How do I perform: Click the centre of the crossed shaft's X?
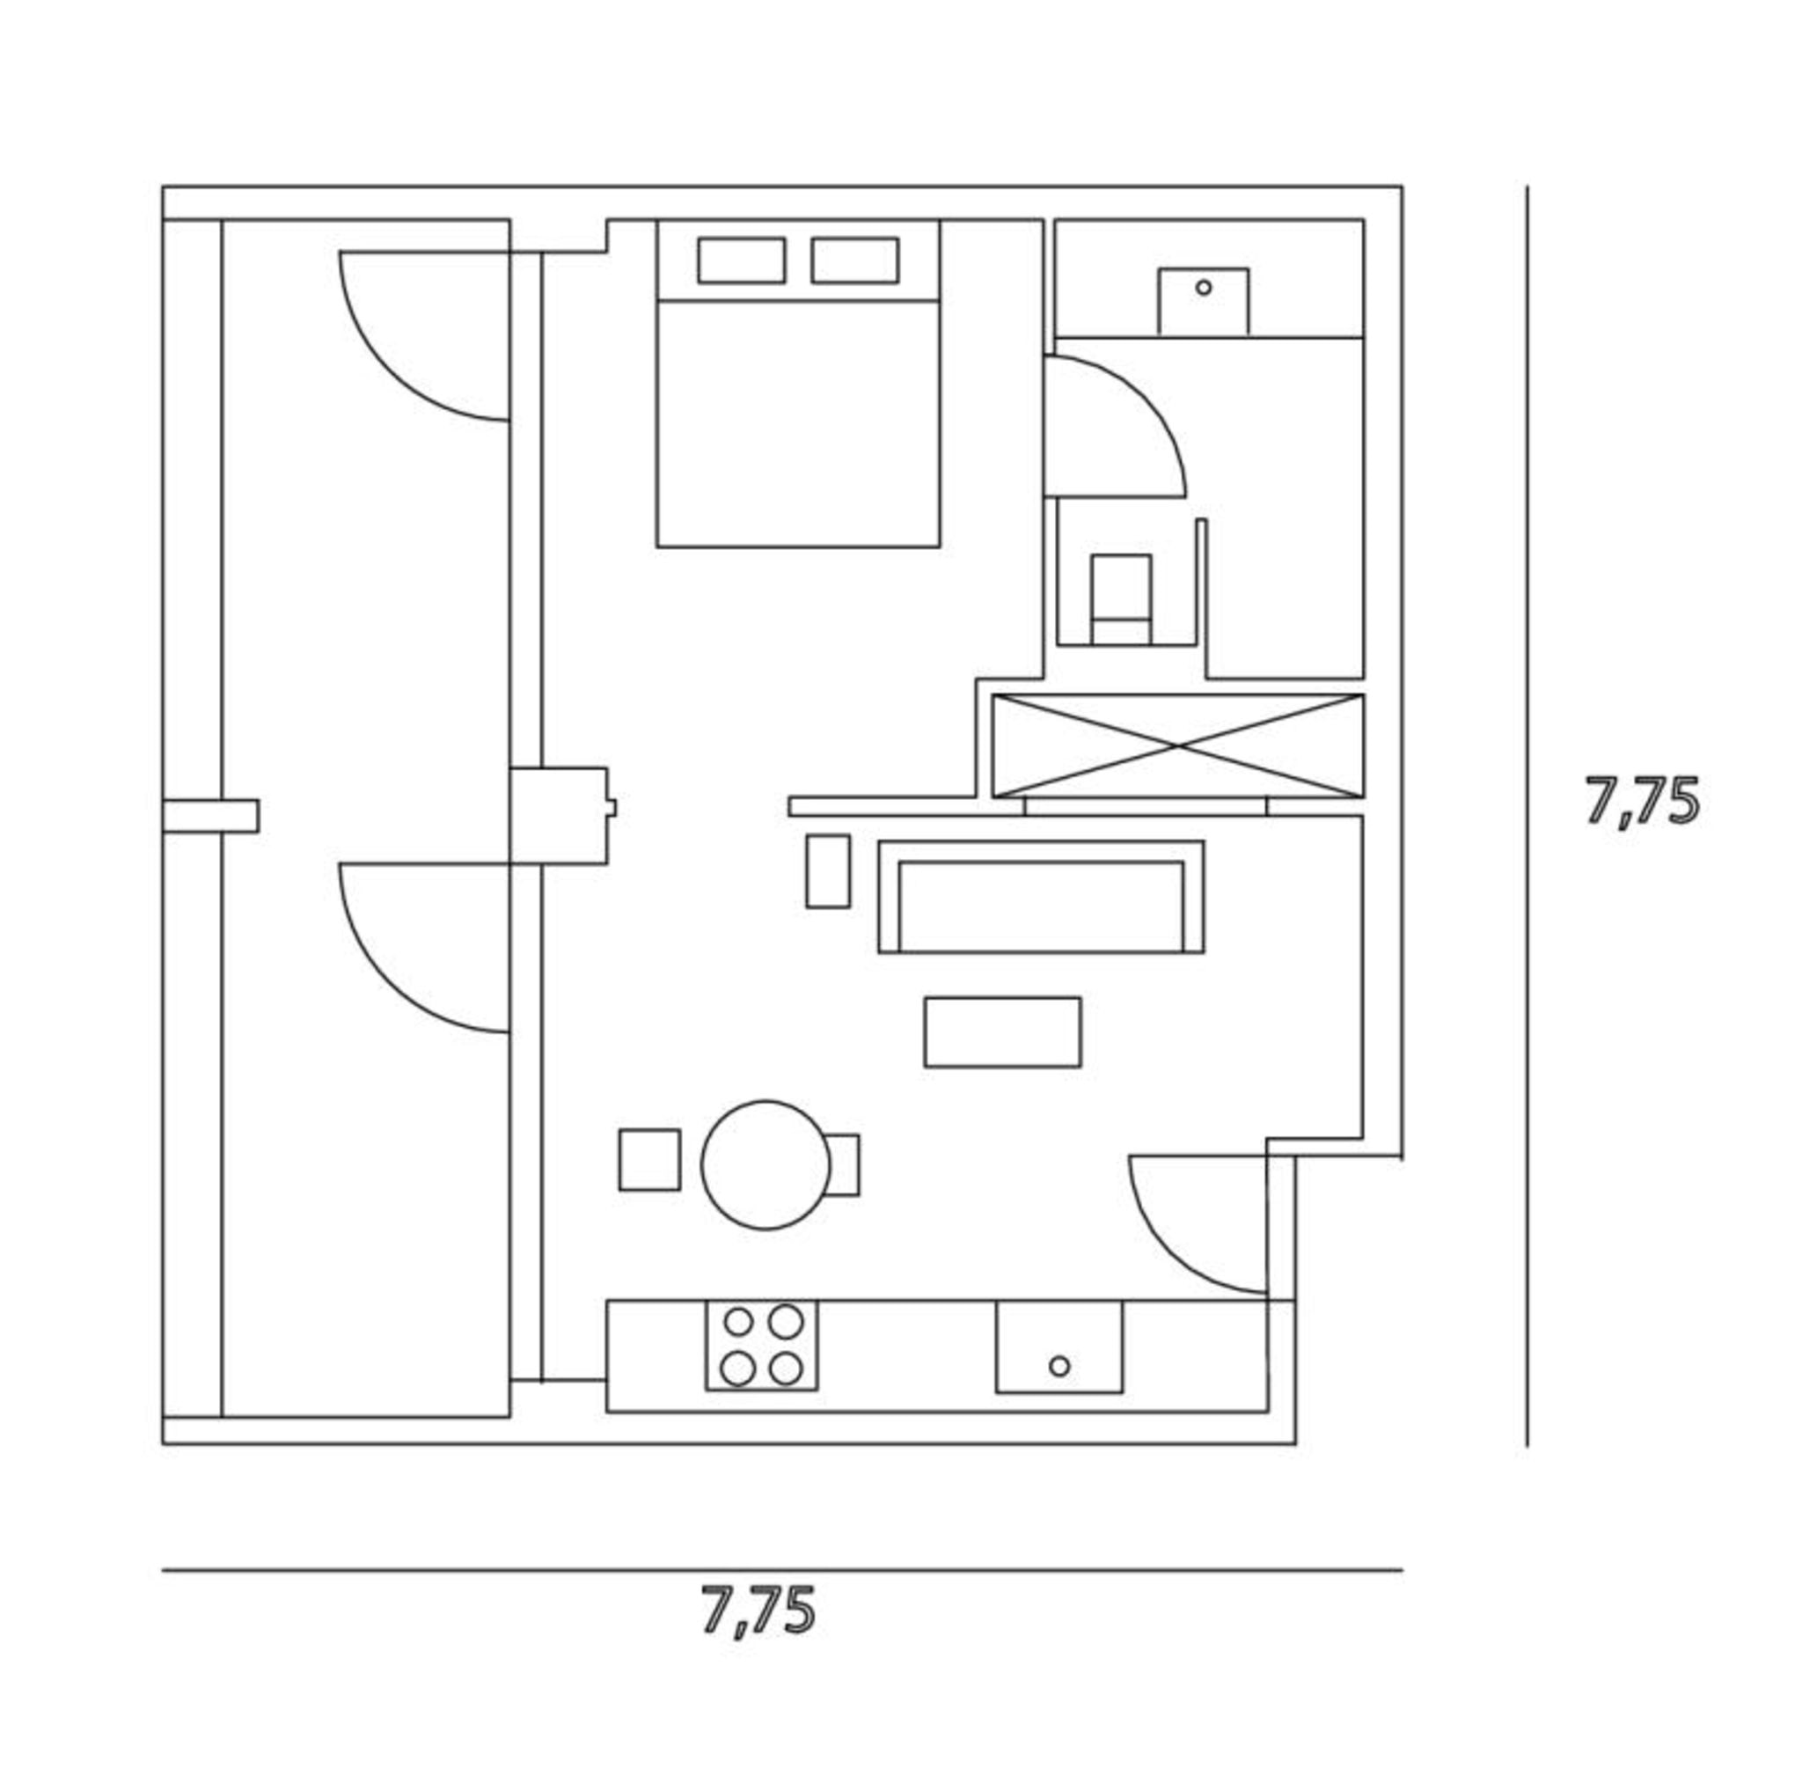pos(1178,746)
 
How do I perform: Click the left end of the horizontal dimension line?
pos(162,1570)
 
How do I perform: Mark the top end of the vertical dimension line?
pos(1527,187)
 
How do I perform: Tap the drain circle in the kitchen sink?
pos(1058,1366)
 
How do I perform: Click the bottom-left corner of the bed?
pos(657,547)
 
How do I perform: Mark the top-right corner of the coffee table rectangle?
pos(1081,998)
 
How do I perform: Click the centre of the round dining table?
pos(765,1164)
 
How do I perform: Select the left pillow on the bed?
pos(742,261)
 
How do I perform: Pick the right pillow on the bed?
pos(855,261)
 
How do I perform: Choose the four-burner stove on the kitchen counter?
pos(762,1345)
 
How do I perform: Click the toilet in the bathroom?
pos(1121,598)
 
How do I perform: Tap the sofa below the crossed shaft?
pos(1041,897)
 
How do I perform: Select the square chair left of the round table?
pos(649,1159)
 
